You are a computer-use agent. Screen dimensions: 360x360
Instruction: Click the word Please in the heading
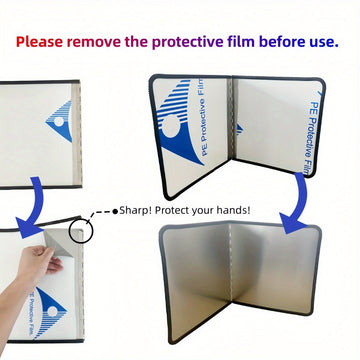(x=39, y=42)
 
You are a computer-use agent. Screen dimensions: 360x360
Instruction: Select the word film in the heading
(x=241, y=42)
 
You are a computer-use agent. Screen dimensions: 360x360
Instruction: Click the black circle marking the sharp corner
(x=82, y=231)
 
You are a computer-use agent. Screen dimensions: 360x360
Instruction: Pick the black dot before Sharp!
(x=115, y=211)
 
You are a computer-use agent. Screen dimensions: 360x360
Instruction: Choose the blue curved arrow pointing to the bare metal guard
(x=297, y=203)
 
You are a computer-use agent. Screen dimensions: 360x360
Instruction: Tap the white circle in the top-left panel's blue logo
(x=59, y=121)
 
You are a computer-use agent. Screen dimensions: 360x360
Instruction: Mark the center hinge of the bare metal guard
(x=231, y=263)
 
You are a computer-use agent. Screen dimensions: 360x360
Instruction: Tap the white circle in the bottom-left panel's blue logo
(x=52, y=311)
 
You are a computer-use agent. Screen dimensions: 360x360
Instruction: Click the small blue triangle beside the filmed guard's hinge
(x=240, y=130)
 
